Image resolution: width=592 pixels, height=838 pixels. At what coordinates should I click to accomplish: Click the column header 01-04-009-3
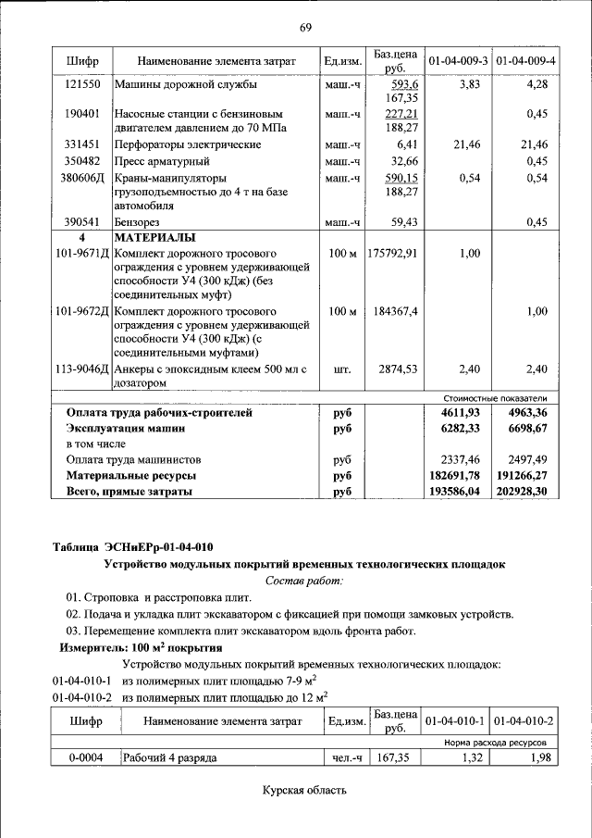458,61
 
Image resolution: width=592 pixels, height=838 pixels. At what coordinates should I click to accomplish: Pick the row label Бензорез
137,222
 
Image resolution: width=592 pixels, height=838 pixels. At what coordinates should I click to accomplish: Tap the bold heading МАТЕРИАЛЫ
154,238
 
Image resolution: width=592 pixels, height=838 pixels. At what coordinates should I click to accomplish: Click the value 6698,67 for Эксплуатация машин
526,429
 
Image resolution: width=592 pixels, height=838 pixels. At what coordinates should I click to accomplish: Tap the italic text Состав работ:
303,580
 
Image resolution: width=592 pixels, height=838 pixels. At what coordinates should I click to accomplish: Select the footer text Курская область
304,790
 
